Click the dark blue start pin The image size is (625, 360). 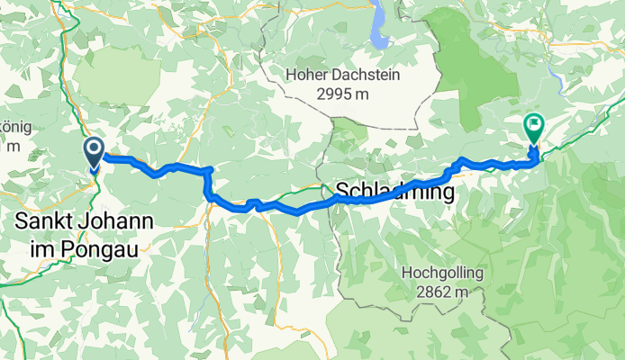[94, 151]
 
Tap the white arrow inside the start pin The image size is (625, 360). [94, 148]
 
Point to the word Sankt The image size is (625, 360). [42, 220]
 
